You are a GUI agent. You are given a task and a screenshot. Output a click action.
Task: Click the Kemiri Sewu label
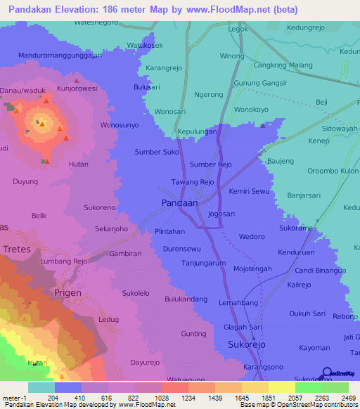pos(249,191)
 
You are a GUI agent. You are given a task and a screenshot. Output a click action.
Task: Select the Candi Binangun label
pos(321,271)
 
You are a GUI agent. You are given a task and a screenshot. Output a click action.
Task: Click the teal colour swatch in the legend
pos(41,387)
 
